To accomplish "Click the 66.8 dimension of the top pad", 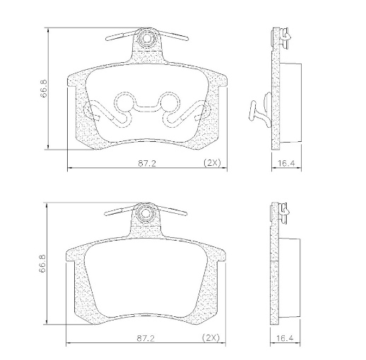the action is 44,88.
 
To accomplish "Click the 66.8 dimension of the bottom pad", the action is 42,263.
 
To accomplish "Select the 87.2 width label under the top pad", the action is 147,163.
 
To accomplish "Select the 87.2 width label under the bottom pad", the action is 146,338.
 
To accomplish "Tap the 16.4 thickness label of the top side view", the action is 286,163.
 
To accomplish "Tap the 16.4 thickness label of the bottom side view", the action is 285,338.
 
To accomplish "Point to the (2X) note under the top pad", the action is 212,162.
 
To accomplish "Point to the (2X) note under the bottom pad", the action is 211,338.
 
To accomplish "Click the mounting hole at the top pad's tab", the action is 146,37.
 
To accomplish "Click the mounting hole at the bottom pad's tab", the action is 145,212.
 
